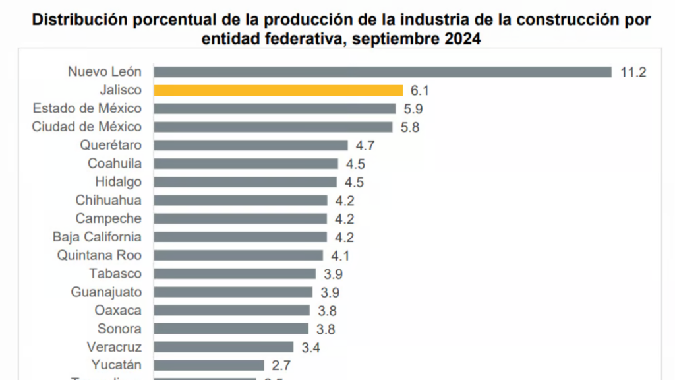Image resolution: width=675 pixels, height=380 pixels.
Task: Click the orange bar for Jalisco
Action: point(278,90)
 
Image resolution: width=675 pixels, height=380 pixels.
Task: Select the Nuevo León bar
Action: point(382,72)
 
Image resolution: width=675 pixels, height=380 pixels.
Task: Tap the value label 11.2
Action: point(633,72)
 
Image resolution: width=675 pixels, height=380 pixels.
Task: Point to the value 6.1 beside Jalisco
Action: point(420,90)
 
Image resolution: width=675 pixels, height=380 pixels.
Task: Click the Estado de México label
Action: point(87,108)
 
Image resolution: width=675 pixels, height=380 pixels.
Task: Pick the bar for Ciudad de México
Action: point(273,127)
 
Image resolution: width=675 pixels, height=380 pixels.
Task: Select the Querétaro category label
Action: point(111,145)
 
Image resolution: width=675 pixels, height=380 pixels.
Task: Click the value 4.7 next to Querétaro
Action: point(365,145)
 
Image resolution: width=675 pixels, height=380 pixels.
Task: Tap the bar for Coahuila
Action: point(246,164)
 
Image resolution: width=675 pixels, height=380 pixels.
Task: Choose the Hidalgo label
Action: point(118,182)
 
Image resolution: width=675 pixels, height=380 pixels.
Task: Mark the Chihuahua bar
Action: point(241,200)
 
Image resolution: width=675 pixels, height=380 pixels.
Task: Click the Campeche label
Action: point(108,218)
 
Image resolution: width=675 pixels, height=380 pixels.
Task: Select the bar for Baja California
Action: point(241,237)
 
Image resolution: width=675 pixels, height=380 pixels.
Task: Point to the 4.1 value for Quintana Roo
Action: point(340,255)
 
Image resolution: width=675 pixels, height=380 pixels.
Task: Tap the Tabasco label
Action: point(115,274)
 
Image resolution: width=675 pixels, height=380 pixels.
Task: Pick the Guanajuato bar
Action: point(233,292)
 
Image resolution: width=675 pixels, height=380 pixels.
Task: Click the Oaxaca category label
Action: point(118,310)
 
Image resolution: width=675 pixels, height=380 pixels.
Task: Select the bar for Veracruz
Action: point(223,347)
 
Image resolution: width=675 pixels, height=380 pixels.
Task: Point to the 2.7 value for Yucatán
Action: point(281,365)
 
